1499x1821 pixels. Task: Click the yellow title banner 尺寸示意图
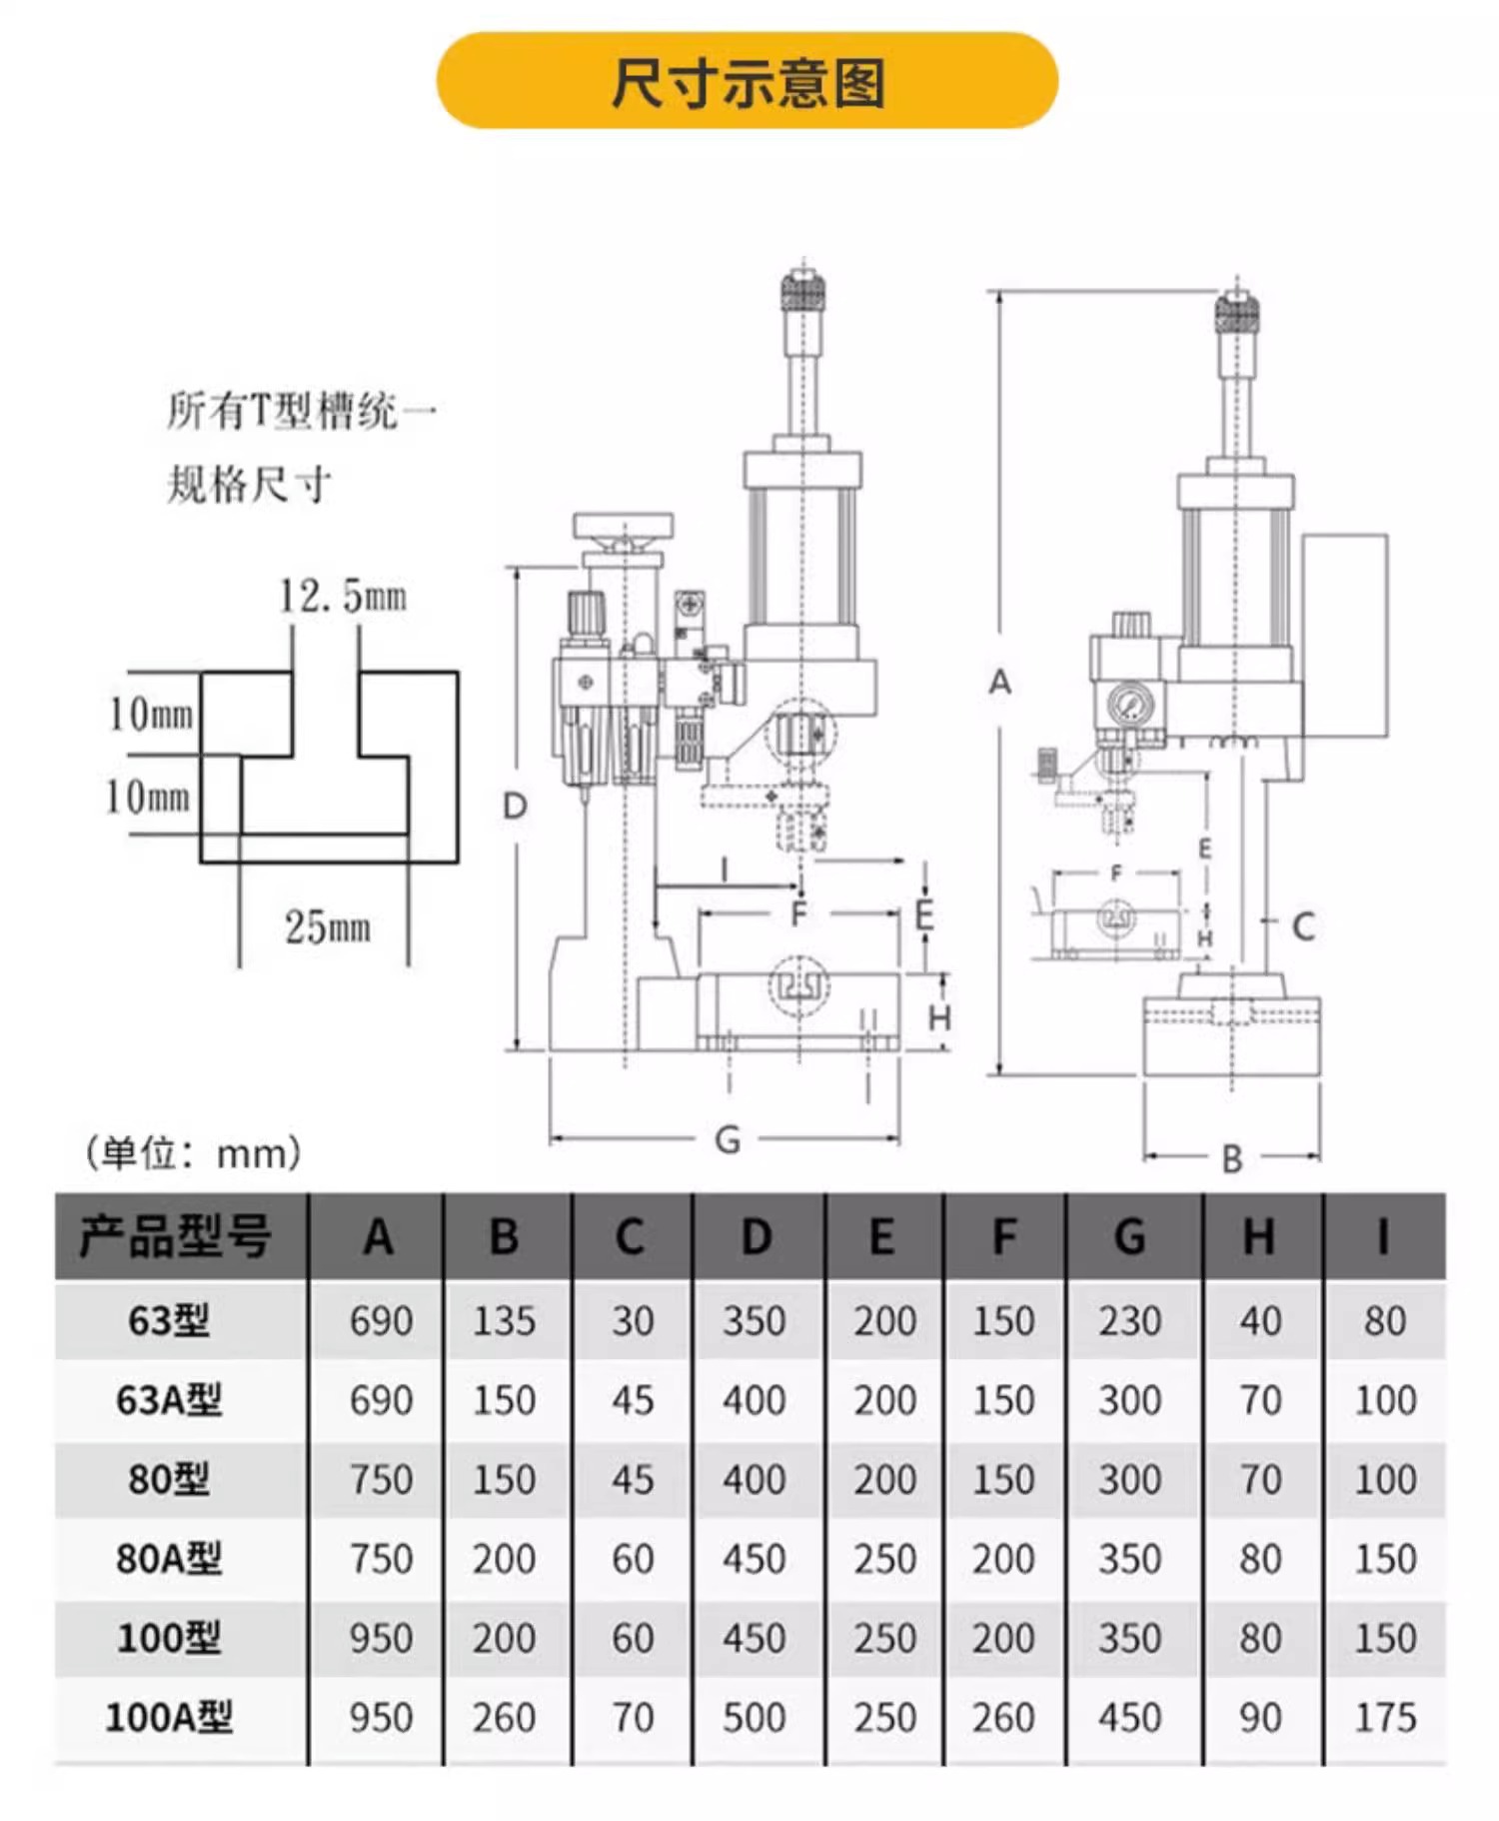(747, 81)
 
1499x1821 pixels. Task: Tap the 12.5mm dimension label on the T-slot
(343, 597)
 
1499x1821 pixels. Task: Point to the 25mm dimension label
(328, 927)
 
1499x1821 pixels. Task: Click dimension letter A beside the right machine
(999, 683)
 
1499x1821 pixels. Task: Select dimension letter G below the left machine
(728, 1139)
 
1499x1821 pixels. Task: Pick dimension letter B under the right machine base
(1231, 1158)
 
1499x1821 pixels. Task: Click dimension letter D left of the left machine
(515, 806)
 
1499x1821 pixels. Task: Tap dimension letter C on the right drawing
(1302, 927)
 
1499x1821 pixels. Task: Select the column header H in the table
(1258, 1237)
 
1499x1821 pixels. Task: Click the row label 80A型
(169, 1558)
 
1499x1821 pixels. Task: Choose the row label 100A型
(169, 1717)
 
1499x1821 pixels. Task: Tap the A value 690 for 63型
(381, 1321)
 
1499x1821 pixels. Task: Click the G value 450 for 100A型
(1129, 1717)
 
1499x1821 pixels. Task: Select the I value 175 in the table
(1385, 1717)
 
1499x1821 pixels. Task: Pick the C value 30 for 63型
(633, 1321)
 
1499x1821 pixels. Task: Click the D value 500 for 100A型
(754, 1717)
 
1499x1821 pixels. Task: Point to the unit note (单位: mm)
(193, 1153)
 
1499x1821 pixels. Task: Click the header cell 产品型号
(175, 1237)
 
